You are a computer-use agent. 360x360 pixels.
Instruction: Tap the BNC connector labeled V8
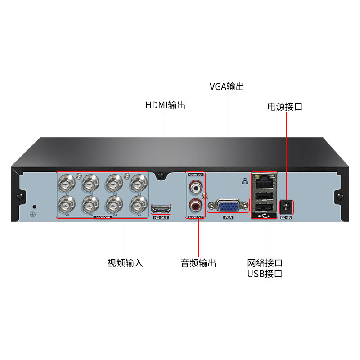coord(67,205)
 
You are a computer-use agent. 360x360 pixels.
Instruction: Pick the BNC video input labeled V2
coord(138,205)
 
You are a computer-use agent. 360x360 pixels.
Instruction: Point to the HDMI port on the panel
coord(162,209)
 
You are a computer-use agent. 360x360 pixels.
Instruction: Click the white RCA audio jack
coord(196,185)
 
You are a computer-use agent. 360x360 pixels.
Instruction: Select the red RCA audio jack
coord(196,206)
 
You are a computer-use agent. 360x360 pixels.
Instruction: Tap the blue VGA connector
coord(228,206)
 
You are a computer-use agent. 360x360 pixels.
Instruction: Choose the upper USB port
coord(264,196)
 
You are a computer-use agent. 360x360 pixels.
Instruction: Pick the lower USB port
coord(264,207)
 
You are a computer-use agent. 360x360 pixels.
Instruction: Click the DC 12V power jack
coord(286,207)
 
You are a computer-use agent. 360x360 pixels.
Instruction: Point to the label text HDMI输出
coord(165,105)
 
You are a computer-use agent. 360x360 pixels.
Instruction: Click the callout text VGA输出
coord(227,87)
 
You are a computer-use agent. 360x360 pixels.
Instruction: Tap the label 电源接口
coord(284,107)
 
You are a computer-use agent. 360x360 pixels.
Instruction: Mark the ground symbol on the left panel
coord(32,214)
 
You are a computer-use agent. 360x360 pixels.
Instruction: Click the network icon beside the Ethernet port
coord(245,181)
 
